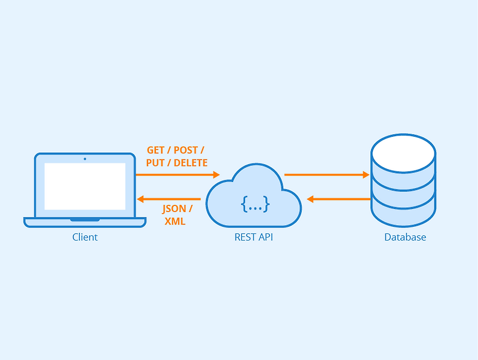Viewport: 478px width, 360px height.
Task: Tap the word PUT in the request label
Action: point(155,163)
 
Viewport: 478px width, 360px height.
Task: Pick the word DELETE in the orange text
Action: point(191,163)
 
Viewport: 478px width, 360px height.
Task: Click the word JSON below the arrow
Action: point(174,210)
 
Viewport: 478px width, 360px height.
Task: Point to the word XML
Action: point(175,221)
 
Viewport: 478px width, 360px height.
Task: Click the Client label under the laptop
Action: point(85,238)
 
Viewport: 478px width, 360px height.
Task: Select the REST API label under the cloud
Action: point(254,238)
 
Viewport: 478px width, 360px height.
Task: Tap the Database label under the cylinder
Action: point(405,238)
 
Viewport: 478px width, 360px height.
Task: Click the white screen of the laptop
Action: point(85,186)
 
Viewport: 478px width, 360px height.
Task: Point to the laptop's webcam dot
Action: point(85,159)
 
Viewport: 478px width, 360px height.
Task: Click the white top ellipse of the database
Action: point(403,152)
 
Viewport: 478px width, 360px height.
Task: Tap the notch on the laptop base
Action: point(85,220)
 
